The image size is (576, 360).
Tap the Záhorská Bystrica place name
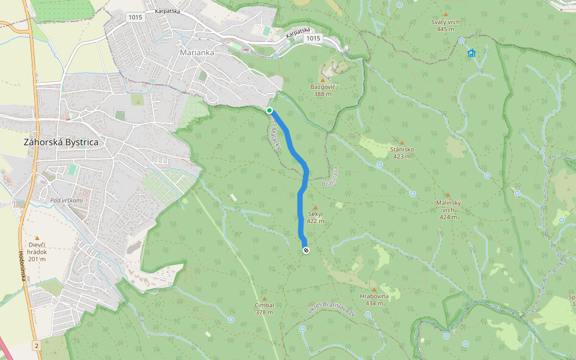61,143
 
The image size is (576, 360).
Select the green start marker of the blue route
270,110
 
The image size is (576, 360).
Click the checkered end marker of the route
306,250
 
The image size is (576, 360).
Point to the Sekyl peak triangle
315,207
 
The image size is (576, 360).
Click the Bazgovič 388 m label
322,90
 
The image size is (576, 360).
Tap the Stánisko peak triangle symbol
402,143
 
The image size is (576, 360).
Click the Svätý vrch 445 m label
445,25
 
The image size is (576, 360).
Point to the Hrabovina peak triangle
374,289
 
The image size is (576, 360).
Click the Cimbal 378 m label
264,308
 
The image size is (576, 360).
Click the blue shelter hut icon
471,53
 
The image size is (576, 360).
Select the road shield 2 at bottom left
37,346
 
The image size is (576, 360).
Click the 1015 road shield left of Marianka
135,17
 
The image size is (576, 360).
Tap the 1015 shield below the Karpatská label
313,38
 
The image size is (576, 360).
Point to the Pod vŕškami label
66,200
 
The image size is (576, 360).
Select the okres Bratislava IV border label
332,308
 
